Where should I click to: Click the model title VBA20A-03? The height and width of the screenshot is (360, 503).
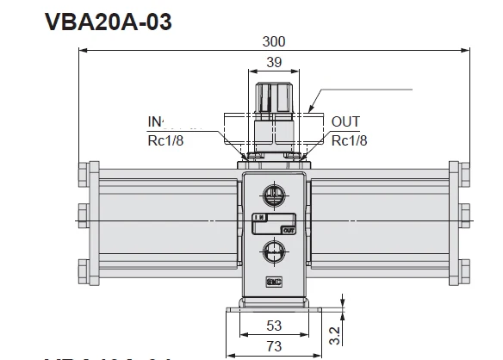point(108,22)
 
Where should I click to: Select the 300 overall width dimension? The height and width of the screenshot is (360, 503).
point(274,41)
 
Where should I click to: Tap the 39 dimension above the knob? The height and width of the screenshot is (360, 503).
point(273,63)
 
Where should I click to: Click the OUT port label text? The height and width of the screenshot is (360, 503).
point(345,123)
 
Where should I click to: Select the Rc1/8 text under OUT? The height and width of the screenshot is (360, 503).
point(351,141)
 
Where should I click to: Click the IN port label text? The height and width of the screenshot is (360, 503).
point(156,123)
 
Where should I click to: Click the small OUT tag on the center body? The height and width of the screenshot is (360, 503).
point(288,229)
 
